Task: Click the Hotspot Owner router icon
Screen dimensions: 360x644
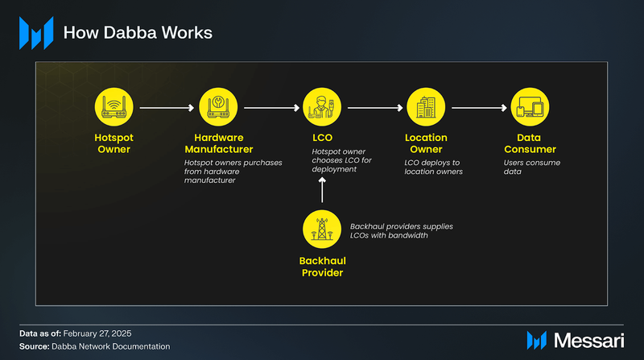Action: tap(112, 107)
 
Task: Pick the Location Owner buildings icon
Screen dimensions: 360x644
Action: tap(426, 107)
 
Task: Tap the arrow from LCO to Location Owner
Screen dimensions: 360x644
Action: tap(374, 107)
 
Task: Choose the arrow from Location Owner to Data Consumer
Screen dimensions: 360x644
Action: tap(477, 107)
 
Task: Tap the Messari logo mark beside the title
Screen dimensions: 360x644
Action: tap(35, 34)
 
